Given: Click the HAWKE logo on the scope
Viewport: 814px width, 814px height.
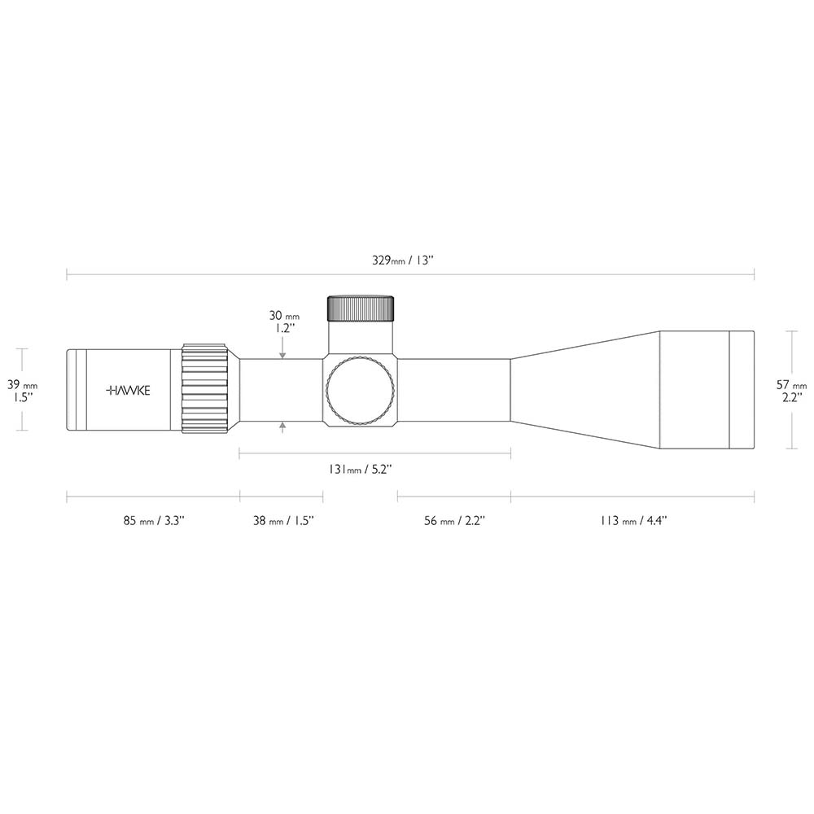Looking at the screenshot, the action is [128, 391].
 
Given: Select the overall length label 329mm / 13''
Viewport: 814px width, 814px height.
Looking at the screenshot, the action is [402, 260].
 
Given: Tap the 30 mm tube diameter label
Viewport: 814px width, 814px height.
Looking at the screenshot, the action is [284, 316].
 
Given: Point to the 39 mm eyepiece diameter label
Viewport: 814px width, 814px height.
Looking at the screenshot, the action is [22, 385].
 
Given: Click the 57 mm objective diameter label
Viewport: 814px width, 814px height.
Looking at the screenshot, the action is [792, 385].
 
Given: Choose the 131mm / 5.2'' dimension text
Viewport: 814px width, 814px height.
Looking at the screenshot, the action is [359, 470].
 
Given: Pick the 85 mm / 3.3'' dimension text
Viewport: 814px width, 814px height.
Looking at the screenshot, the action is [154, 520].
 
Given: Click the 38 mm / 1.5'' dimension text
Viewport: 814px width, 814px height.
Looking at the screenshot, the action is [283, 520].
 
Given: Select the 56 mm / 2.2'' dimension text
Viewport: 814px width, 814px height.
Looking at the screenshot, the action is [454, 520].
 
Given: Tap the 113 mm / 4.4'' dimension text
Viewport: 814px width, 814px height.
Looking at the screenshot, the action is [633, 520].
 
